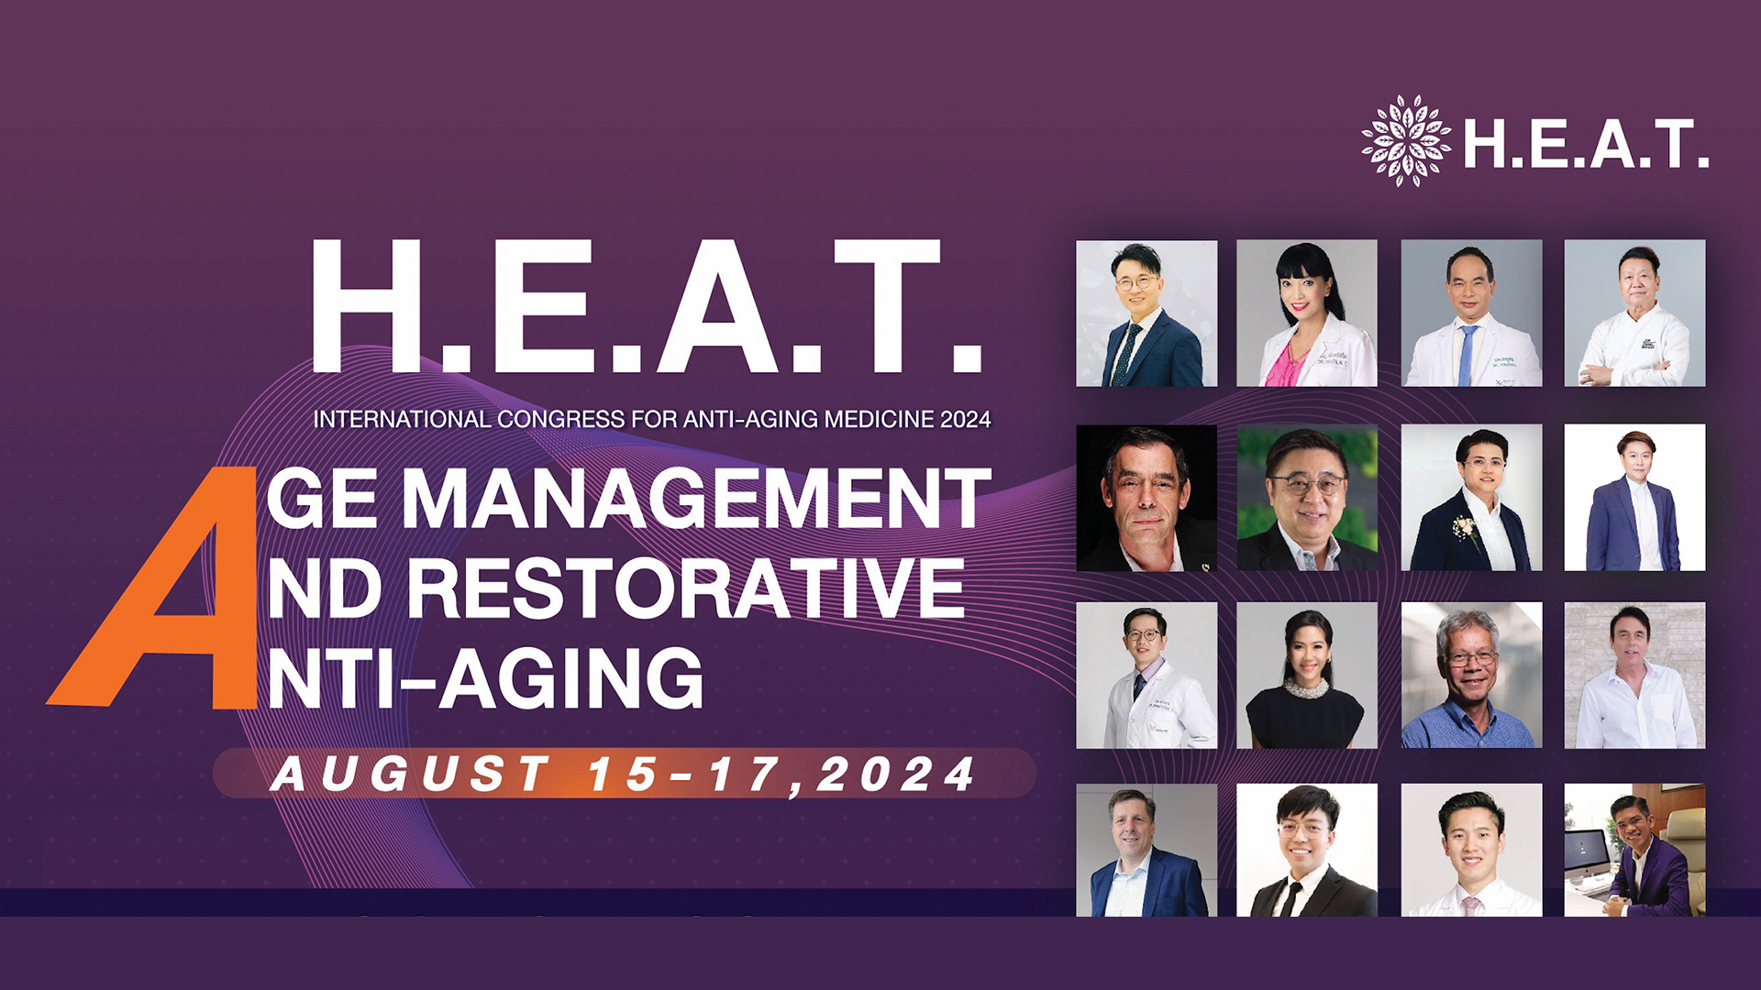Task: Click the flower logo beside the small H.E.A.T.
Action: [1405, 141]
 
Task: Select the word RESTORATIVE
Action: [684, 588]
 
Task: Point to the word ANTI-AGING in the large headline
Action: [486, 678]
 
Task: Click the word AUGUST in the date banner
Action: [410, 775]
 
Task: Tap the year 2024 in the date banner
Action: [895, 775]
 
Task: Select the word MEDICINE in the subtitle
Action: [880, 420]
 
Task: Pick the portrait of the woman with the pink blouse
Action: [1306, 313]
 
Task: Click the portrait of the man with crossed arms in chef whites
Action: [1634, 313]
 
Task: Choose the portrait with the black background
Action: [1146, 498]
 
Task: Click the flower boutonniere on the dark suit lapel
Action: [1465, 529]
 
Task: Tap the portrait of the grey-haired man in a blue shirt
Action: [1471, 675]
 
